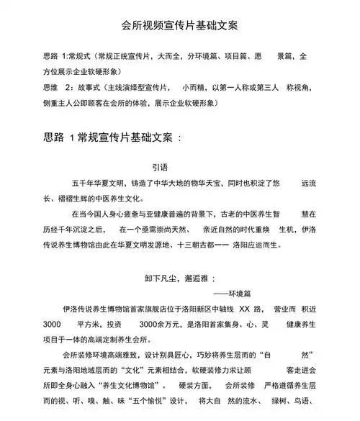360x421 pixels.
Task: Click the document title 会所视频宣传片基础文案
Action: pos(180,25)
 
